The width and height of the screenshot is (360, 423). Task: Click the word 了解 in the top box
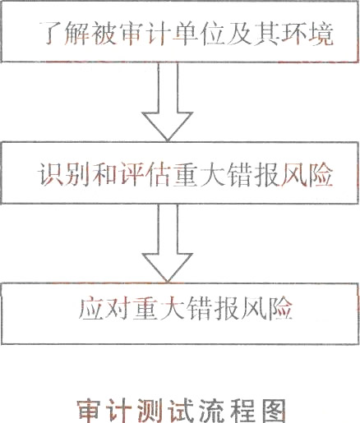[64, 34]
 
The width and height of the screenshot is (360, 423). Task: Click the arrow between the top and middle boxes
[168, 101]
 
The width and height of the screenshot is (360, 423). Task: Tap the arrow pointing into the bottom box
[168, 243]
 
